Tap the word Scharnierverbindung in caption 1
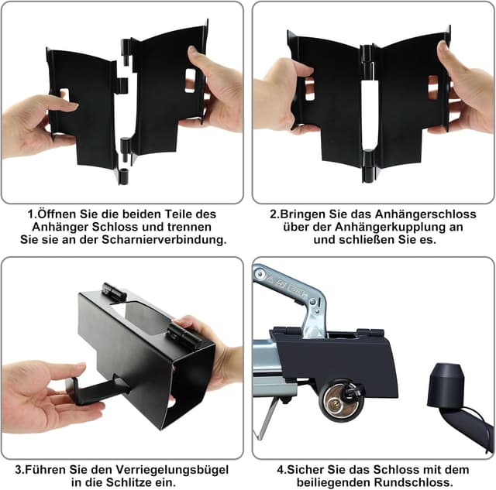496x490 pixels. pyautogui.click(x=164, y=239)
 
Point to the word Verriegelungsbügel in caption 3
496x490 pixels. pyautogui.click(x=171, y=469)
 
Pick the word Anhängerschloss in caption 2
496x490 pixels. pyautogui.click(x=425, y=214)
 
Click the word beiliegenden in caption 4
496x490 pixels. pyautogui.click(x=334, y=482)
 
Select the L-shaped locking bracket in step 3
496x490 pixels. pyautogui.click(x=95, y=390)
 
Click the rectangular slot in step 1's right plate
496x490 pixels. pyautogui.click(x=190, y=81)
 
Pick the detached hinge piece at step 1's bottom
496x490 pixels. pyautogui.click(x=123, y=177)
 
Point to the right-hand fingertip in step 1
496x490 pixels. pyautogui.click(x=192, y=52)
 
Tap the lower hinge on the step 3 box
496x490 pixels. pyautogui.click(x=184, y=335)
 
